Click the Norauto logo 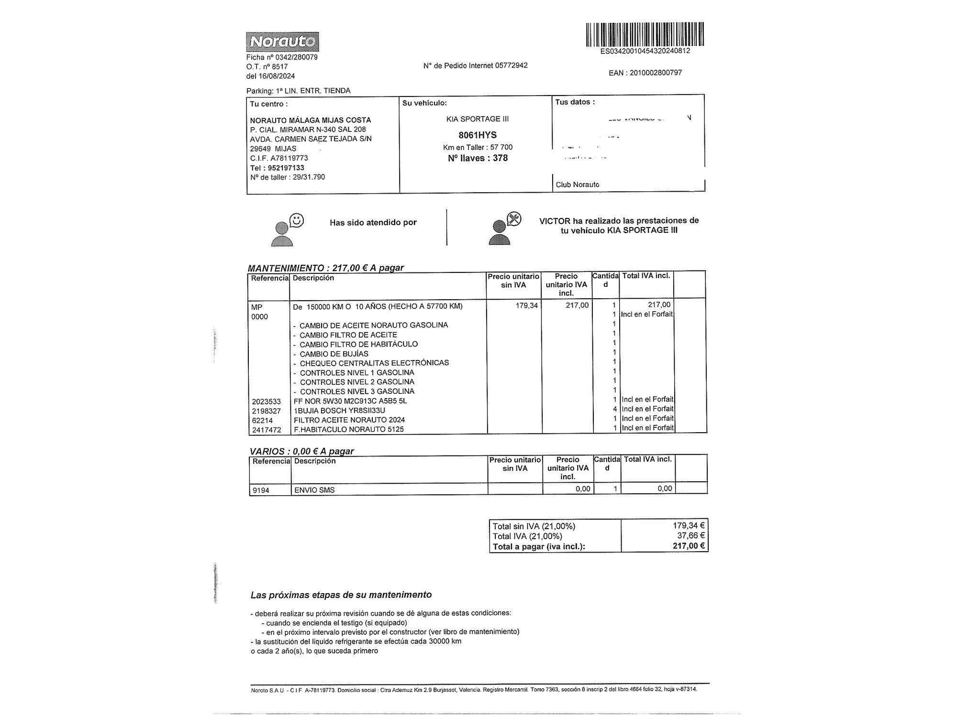point(282,42)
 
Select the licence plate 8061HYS point(477,135)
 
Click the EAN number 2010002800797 point(656,73)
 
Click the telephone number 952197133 point(286,168)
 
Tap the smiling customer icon point(287,230)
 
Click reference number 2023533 point(267,402)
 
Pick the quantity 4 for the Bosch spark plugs point(614,409)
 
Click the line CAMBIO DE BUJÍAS point(334,354)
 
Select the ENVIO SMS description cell point(314,490)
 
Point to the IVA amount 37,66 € point(690,536)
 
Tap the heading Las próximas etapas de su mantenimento point(341,595)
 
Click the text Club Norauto point(577,185)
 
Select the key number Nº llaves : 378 point(478,158)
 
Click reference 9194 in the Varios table point(261,490)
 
